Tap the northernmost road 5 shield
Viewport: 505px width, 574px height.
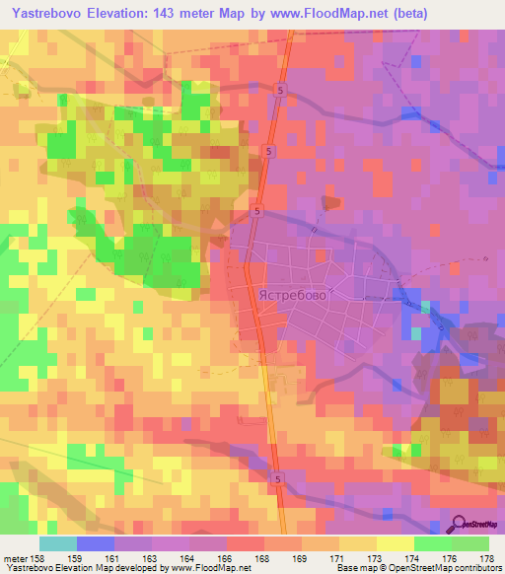coord(280,90)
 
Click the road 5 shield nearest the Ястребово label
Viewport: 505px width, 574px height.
coord(256,210)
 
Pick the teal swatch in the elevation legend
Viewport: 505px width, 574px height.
coord(58,543)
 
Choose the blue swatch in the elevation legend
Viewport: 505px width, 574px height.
coord(96,543)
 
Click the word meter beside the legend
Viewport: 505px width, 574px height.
coord(16,557)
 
